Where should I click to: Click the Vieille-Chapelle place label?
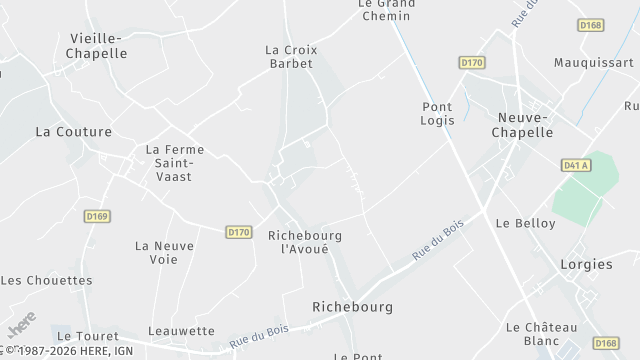tap(98, 46)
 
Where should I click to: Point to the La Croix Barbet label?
tap(289, 56)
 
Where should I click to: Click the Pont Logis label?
tap(438, 113)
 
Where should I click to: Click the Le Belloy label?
tap(525, 223)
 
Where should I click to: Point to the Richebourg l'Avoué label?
tap(306, 242)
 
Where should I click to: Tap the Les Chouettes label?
tap(46, 281)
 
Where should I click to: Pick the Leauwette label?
tap(181, 331)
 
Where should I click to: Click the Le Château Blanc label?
tap(541, 334)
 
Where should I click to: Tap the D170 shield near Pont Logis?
tap(472, 62)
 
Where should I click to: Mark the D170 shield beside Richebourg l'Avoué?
tap(239, 232)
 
